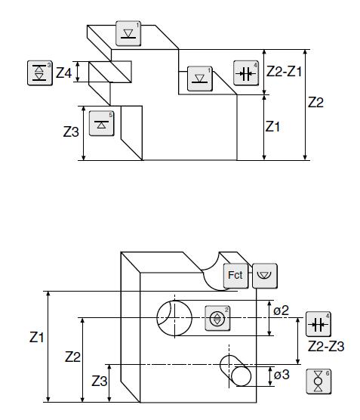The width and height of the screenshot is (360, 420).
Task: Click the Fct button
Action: point(235,276)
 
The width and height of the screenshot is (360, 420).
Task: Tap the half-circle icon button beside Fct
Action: point(265,276)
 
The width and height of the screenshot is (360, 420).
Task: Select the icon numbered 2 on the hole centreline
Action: point(217,318)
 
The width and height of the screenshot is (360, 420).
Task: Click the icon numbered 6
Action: point(318,381)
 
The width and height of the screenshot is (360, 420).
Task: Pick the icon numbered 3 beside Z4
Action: point(40,73)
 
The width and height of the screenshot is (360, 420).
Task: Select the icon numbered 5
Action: point(101,123)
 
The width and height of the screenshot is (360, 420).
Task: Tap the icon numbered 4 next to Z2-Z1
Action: point(246,73)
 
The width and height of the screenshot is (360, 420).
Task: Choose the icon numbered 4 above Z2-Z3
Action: point(318,324)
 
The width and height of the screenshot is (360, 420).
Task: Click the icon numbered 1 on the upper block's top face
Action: point(128,33)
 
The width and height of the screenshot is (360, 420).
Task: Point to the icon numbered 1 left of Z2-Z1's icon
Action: point(200,79)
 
